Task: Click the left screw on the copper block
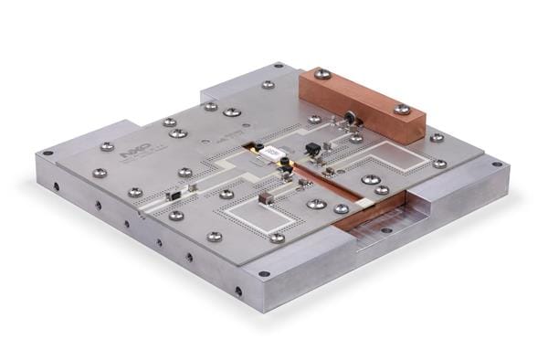point(321,74)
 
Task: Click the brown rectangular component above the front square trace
point(268,196)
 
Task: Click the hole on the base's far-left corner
point(47,153)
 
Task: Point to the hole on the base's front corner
point(264,273)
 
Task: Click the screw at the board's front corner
point(278,238)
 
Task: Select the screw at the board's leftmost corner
point(99,173)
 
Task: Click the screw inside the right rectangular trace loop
point(370,180)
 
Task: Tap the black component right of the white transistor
point(311,149)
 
